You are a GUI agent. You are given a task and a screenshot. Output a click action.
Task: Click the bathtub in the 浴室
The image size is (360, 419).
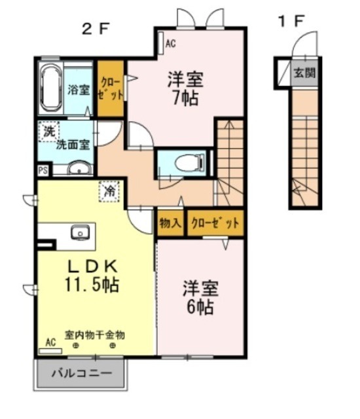click(50, 89)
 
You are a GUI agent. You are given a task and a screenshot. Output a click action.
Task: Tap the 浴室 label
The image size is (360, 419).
click(79, 90)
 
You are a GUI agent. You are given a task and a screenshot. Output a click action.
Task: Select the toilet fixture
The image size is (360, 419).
click(187, 161)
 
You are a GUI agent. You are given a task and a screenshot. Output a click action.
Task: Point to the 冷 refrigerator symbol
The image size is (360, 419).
click(109, 191)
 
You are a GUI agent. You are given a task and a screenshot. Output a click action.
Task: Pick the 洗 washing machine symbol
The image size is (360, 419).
click(48, 132)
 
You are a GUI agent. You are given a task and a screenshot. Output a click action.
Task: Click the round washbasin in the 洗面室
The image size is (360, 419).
click(77, 170)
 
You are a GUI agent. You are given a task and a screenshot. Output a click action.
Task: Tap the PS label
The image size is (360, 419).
click(43, 171)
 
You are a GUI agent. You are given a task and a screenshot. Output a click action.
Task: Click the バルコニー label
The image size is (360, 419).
click(81, 377)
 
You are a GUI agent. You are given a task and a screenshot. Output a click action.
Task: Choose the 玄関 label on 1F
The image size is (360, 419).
click(304, 71)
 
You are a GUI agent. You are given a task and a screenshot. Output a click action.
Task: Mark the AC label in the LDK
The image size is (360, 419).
click(50, 342)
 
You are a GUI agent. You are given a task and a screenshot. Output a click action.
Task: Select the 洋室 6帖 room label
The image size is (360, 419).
click(200, 297)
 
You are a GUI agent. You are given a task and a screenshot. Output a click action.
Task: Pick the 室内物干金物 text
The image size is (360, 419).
click(94, 335)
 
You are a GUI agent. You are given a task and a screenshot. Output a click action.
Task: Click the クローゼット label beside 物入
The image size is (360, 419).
click(215, 223)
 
